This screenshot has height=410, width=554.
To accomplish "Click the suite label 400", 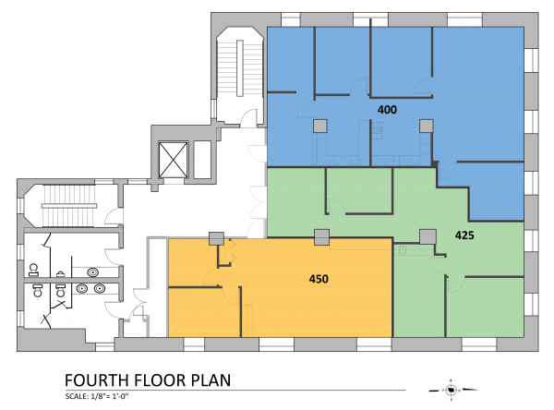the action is [387, 110].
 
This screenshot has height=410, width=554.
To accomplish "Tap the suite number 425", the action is [464, 235].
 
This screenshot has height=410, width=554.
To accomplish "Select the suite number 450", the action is [319, 279].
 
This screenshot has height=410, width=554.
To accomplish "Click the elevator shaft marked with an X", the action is [174, 160].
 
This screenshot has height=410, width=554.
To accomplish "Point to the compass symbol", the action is [452, 390].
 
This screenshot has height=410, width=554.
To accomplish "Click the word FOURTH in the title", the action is [96, 380].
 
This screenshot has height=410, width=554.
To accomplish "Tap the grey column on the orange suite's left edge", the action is [216, 238].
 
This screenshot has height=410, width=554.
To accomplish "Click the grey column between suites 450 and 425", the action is [321, 236].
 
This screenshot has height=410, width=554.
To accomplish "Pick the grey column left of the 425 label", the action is [427, 236].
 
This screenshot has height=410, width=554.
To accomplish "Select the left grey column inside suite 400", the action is [320, 126].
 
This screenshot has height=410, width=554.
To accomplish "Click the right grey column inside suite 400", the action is [426, 126].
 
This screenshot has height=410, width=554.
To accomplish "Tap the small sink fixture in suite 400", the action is [378, 130].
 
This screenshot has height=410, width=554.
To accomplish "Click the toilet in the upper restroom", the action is [34, 270].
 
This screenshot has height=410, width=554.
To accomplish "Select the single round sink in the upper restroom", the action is [93, 272].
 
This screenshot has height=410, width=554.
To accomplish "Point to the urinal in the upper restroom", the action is [61, 274].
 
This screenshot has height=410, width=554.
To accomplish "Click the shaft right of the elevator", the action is [202, 160].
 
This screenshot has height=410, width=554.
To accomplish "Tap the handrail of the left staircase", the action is [69, 206].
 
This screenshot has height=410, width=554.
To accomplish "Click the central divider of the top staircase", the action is [240, 67].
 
